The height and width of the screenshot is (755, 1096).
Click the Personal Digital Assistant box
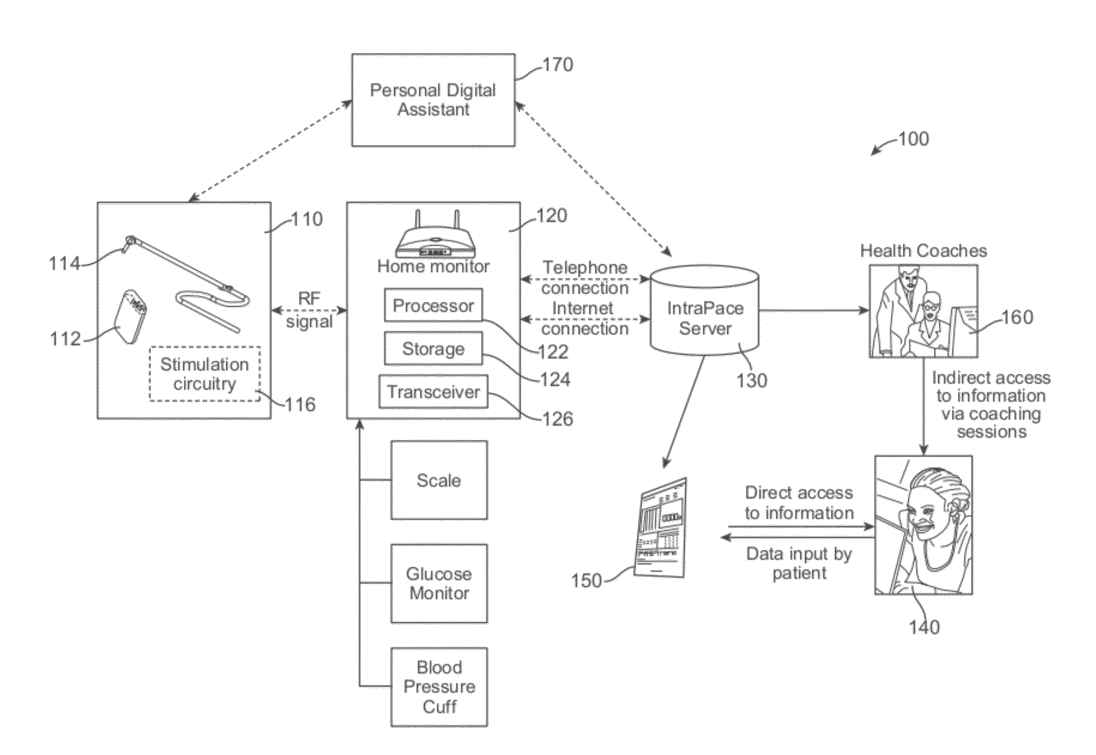coord(433,100)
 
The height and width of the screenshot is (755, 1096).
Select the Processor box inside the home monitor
coord(433,305)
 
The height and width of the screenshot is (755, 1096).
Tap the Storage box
coord(433,348)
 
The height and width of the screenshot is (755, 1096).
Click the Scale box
coord(439,480)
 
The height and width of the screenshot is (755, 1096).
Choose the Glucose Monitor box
coord(439,583)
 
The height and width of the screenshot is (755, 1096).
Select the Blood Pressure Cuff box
coord(439,687)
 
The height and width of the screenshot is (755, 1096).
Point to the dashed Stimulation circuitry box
coord(205,374)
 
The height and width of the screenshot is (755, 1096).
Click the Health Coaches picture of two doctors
coord(923,311)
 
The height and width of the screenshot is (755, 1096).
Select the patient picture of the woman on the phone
coord(923,525)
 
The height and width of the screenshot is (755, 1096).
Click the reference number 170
coord(557,65)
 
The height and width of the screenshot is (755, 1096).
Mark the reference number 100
coord(913,139)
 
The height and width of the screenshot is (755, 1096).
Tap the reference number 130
coord(752,380)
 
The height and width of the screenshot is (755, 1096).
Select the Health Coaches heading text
coord(923,251)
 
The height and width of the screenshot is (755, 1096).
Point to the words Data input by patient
coord(799,563)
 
